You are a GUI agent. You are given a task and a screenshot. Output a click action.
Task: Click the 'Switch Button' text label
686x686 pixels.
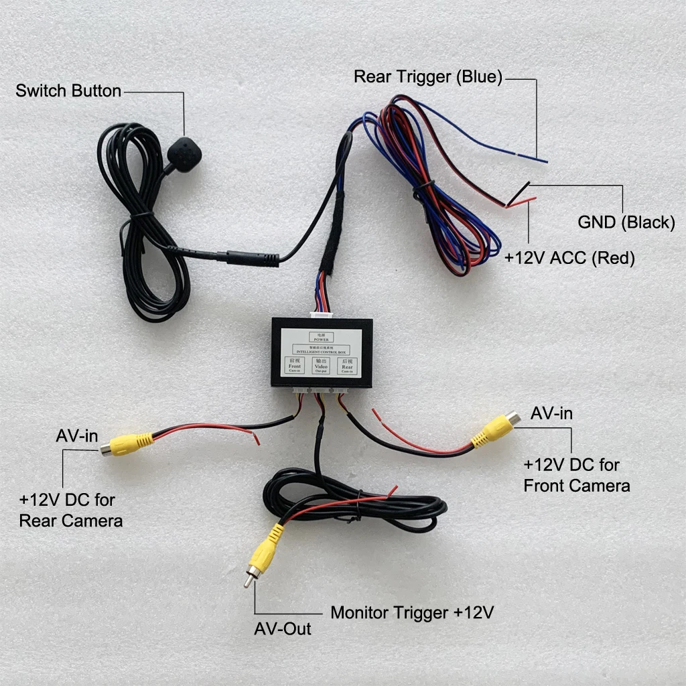pos(68,90)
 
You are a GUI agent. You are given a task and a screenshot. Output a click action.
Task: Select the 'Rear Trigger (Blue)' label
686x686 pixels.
pos(428,76)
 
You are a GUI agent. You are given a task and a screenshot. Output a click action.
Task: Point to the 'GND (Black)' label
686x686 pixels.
pos(626,222)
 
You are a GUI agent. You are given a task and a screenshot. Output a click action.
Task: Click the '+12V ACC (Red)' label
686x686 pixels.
pos(569,258)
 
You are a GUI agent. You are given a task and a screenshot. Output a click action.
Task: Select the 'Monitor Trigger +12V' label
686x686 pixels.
pos(412,612)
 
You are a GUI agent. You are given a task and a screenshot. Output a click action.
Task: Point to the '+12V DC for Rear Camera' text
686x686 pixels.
pos(71,510)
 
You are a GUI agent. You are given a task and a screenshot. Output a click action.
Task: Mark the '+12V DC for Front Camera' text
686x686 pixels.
pos(576,475)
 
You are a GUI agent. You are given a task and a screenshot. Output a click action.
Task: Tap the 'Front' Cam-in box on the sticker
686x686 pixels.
pos(295,366)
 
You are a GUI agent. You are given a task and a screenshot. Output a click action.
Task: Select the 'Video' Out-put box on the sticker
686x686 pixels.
pos(322,366)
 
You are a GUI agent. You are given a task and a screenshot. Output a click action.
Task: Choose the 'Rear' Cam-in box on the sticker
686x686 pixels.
pos(347,366)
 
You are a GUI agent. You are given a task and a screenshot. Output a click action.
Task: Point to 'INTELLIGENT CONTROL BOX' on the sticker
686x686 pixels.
pos(322,350)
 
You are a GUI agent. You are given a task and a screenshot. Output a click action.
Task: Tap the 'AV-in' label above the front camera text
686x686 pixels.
pos(551,413)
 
